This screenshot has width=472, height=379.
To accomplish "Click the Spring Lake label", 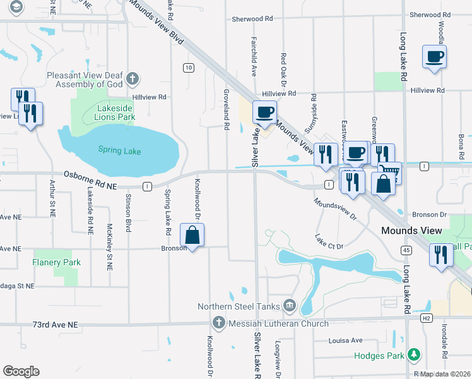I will click(x=119, y=151).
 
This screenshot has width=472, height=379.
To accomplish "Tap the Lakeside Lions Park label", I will click(x=115, y=112).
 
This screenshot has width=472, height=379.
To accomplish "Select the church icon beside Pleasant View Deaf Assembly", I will click(x=132, y=79).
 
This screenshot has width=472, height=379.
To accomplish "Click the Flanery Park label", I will click(x=57, y=262).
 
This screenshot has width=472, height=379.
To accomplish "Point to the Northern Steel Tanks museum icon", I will click(x=290, y=306).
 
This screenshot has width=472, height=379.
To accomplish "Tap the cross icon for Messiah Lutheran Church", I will click(x=218, y=323).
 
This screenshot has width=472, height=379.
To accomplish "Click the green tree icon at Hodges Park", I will click(x=414, y=355).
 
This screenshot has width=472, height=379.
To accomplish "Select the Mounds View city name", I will click(x=411, y=231).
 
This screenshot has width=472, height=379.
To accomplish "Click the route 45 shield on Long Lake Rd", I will click(x=406, y=251).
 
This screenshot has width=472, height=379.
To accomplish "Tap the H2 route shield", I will click(x=427, y=318).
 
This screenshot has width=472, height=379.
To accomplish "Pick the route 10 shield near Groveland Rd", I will click(x=189, y=68).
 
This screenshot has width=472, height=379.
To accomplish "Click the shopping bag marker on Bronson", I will click(x=192, y=236).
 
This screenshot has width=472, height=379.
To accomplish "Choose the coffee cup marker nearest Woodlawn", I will click(x=435, y=57).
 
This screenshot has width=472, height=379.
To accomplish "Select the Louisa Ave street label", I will click(x=345, y=340).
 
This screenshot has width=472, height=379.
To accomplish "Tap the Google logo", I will click(x=21, y=371).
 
